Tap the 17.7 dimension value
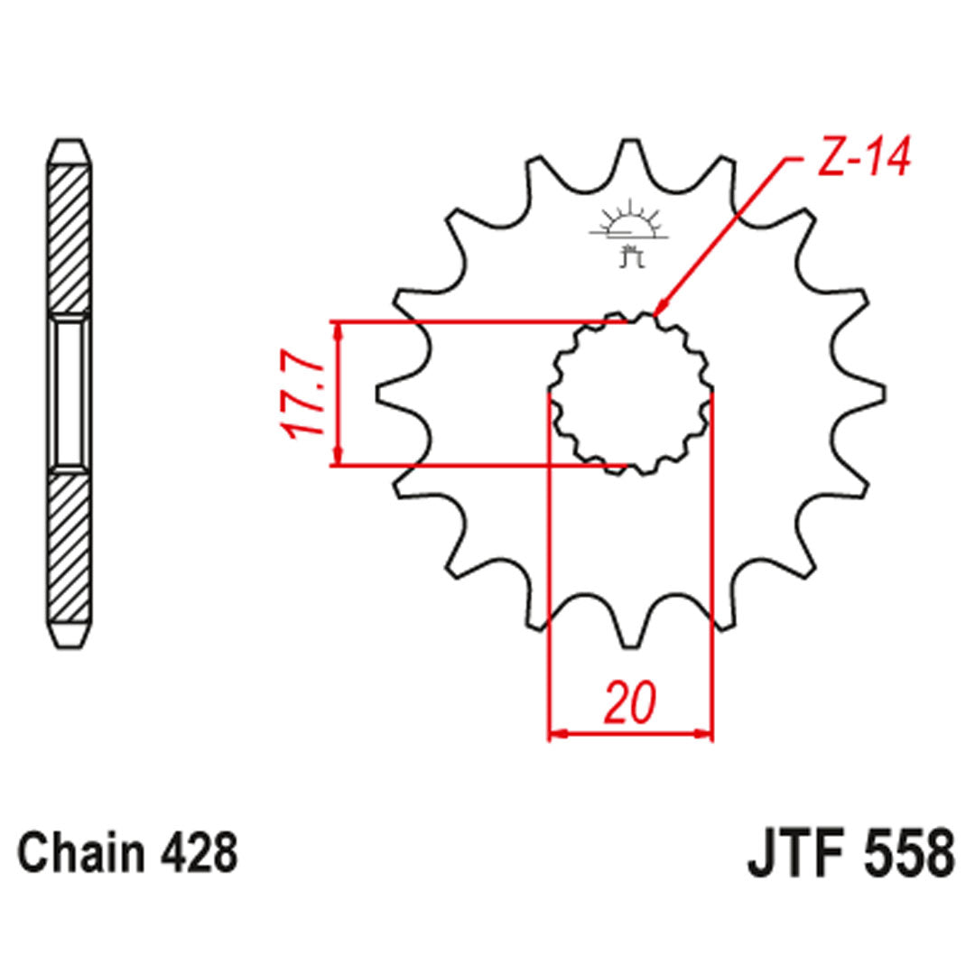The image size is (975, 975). click(304, 395)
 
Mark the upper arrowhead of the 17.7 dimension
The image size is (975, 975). click(339, 330)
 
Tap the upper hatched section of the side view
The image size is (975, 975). click(70, 239)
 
